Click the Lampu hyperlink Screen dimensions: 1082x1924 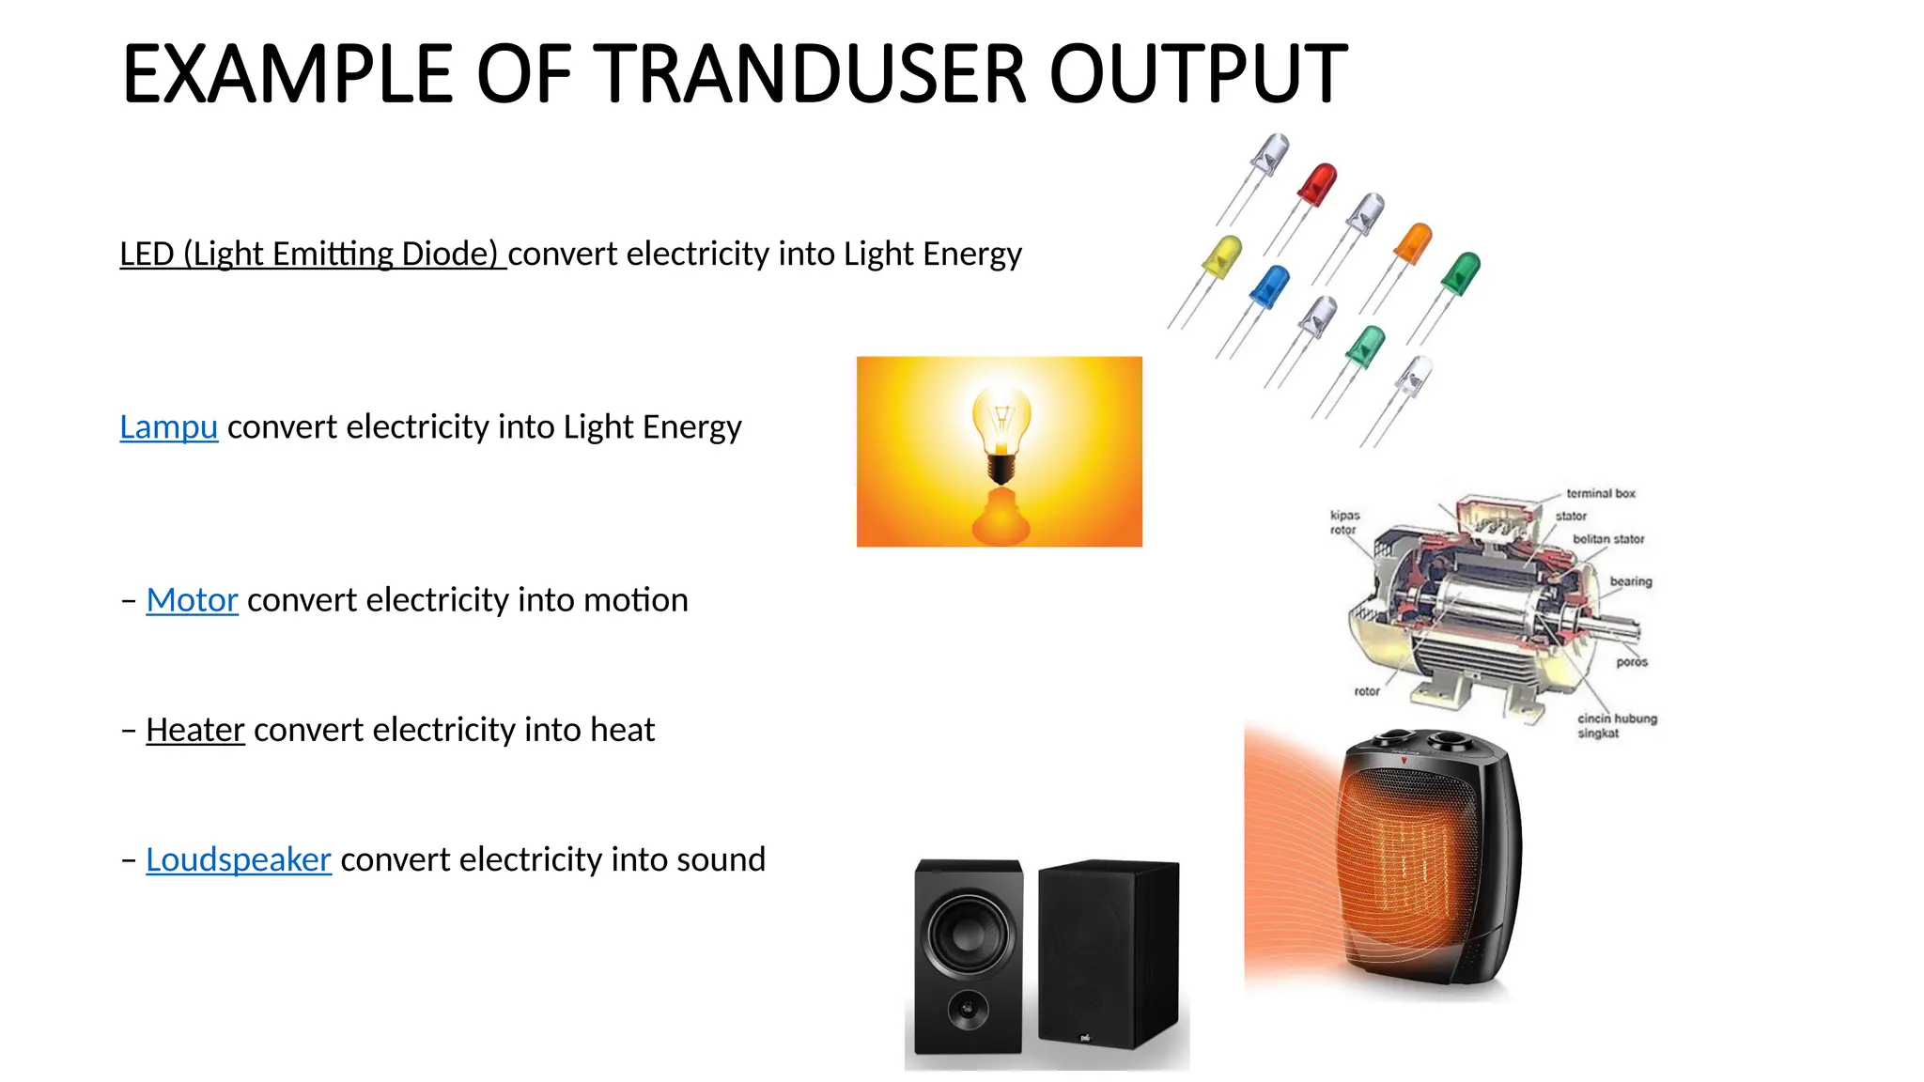[x=168, y=427]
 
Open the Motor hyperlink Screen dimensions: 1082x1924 [x=192, y=600]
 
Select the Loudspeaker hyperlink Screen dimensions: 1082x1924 [x=239, y=860]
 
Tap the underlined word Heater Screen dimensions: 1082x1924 [x=195, y=730]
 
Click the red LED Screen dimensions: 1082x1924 [x=1317, y=184]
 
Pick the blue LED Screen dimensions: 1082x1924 [x=1270, y=286]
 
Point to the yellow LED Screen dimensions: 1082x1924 [x=1221, y=256]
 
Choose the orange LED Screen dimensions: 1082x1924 [x=1413, y=242]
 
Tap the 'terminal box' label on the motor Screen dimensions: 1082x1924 [x=1600, y=493]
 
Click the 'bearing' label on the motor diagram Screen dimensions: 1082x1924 [x=1630, y=581]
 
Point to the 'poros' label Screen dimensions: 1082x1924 [x=1632, y=662]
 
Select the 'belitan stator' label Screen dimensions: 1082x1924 [x=1608, y=539]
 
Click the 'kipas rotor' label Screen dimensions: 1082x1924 [x=1344, y=522]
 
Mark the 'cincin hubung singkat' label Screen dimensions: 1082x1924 [x=1616, y=725]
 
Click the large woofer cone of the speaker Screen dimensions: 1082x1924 [x=969, y=935]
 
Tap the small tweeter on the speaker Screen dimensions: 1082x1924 [x=967, y=1010]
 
